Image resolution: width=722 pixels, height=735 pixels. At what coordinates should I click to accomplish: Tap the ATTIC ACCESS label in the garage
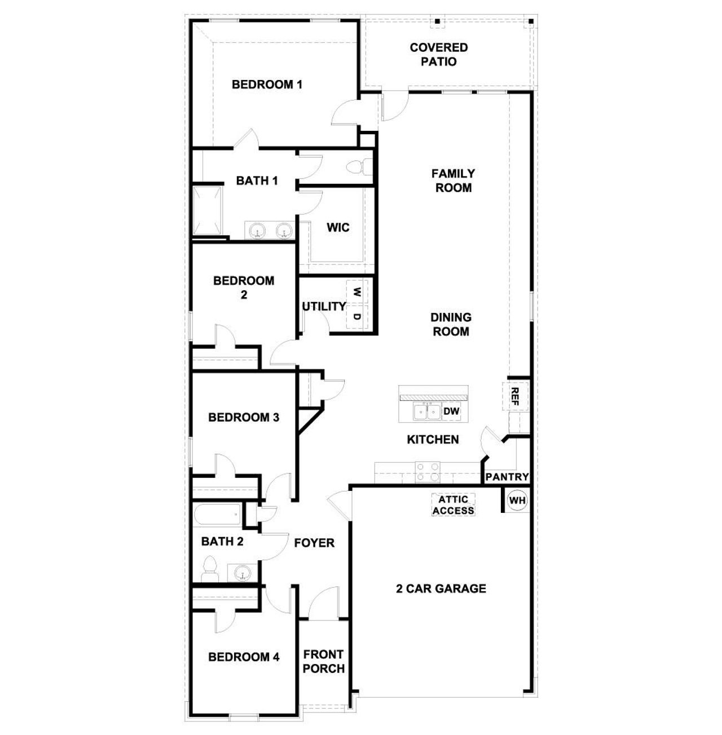[454, 505]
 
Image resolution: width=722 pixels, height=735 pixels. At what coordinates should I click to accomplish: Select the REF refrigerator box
[514, 396]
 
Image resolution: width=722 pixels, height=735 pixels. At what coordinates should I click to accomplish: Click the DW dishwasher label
[451, 411]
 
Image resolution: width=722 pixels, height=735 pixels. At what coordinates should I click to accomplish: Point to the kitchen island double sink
[426, 412]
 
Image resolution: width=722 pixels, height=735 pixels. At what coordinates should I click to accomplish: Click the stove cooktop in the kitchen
[428, 471]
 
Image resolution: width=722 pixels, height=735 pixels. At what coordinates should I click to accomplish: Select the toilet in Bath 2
[210, 569]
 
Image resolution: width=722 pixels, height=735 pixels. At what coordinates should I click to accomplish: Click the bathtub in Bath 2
[218, 515]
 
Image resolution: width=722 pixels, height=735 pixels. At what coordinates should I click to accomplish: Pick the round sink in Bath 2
[243, 574]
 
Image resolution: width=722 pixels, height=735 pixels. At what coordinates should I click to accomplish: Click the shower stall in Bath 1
[208, 211]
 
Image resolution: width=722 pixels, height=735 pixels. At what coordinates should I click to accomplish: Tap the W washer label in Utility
[357, 292]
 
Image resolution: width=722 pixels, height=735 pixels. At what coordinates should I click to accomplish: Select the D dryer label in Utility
[357, 316]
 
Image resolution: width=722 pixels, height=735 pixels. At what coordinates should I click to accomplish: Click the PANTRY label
[507, 477]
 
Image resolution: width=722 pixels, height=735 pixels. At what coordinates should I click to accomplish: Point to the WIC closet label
[338, 228]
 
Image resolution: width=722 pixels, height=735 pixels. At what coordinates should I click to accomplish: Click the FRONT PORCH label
[324, 661]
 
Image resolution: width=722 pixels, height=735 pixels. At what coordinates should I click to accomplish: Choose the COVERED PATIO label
[439, 54]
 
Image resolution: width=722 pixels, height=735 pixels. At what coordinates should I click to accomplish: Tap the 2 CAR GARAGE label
[441, 588]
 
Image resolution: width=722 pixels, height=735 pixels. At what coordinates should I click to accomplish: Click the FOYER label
[314, 543]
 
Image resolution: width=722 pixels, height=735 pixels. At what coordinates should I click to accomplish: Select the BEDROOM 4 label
[244, 657]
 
